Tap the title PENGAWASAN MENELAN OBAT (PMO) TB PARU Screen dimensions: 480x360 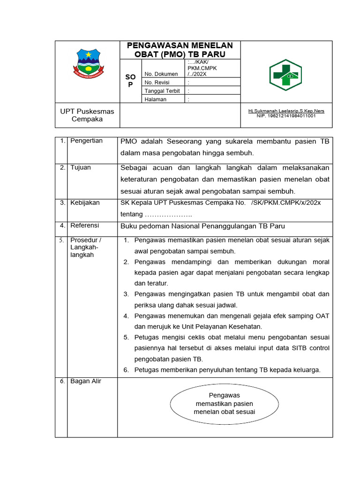180,50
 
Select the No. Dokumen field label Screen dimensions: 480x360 161,74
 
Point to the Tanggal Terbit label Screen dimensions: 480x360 162,91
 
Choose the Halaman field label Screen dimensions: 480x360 156,99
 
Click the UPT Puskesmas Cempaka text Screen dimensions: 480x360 87,115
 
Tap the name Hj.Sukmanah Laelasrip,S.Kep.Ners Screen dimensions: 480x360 286,111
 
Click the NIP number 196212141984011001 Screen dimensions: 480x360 286,116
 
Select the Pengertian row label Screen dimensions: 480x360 86,141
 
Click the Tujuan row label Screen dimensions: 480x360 81,168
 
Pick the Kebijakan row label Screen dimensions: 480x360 85,203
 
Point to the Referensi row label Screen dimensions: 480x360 85,225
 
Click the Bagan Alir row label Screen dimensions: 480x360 86,381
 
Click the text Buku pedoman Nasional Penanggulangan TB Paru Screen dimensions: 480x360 202,226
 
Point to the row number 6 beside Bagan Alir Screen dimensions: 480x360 62,382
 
